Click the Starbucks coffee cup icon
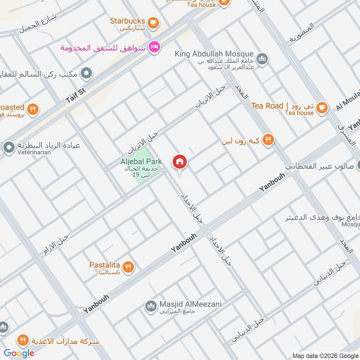(153, 21)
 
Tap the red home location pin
(180, 162)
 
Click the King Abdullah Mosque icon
(262, 59)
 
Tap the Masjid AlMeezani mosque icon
(150, 306)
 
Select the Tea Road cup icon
(321, 106)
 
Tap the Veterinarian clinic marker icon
(9, 147)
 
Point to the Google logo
(19, 353)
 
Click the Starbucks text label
(127, 21)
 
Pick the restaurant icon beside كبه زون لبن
(268, 140)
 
